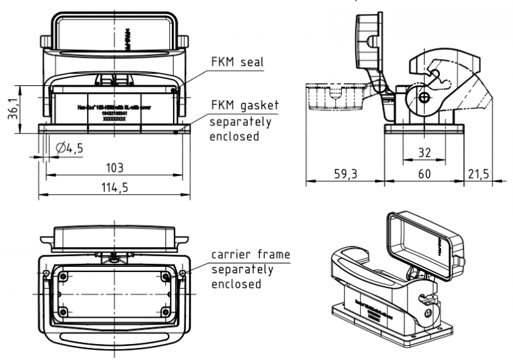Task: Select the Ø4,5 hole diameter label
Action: [x=70, y=148]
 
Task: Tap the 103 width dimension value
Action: [x=114, y=167]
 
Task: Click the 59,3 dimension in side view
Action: [x=344, y=173]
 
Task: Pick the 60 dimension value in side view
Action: [x=424, y=173]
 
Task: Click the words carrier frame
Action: [x=251, y=255]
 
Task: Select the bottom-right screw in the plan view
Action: [x=166, y=313]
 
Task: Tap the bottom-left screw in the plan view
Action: [x=63, y=313]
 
